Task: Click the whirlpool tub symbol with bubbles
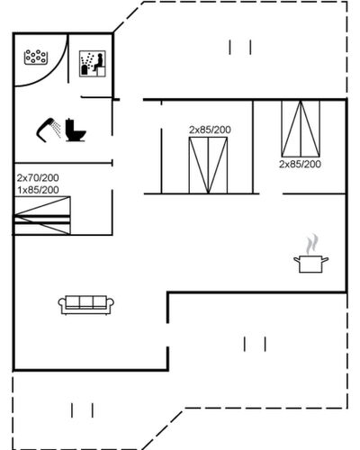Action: click(x=36, y=57)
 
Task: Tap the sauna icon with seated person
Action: click(x=93, y=64)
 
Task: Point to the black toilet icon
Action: click(x=76, y=130)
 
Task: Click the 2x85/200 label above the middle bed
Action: click(x=210, y=130)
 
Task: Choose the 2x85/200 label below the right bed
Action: click(x=300, y=164)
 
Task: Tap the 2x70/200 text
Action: click(x=38, y=178)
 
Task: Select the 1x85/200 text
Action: click(x=38, y=190)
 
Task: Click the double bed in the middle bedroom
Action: click(x=208, y=166)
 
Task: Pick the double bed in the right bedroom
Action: click(x=301, y=129)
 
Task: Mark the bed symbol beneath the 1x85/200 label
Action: click(x=42, y=215)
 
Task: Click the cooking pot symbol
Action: click(x=310, y=264)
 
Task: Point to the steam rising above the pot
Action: click(x=311, y=244)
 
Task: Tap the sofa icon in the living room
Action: click(x=86, y=305)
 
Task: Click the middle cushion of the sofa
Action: click(x=86, y=302)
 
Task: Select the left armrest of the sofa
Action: click(x=62, y=303)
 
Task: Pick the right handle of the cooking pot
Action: click(x=325, y=259)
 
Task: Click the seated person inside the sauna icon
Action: click(x=98, y=62)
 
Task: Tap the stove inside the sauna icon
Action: click(x=85, y=70)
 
